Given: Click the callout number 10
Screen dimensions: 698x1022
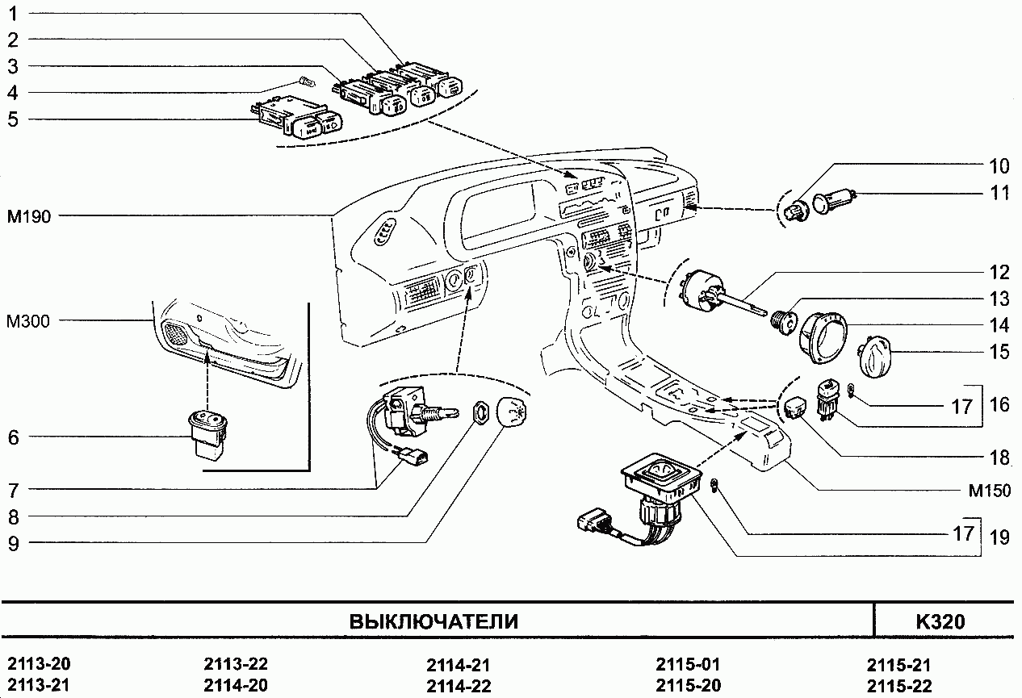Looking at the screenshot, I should tap(999, 167).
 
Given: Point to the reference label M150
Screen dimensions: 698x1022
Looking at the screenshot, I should tap(989, 490).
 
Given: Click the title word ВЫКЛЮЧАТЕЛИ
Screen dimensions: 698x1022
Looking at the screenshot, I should tap(434, 622).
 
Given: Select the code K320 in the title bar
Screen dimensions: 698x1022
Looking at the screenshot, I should tap(940, 622).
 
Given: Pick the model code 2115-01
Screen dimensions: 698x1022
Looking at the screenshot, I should tap(686, 666).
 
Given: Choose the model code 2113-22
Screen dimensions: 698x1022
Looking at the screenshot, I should tap(236, 665).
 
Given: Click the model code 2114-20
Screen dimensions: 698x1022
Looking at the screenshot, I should tap(236, 686).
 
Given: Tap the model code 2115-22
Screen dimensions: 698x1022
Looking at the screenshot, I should tap(898, 686).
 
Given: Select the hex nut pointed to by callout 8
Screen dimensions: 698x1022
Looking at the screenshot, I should tap(480, 412).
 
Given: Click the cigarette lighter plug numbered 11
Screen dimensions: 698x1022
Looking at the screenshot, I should tap(827, 202).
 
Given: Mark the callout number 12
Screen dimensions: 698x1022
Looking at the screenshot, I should tap(999, 272).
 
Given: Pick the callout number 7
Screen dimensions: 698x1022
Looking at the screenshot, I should tap(13, 490).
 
